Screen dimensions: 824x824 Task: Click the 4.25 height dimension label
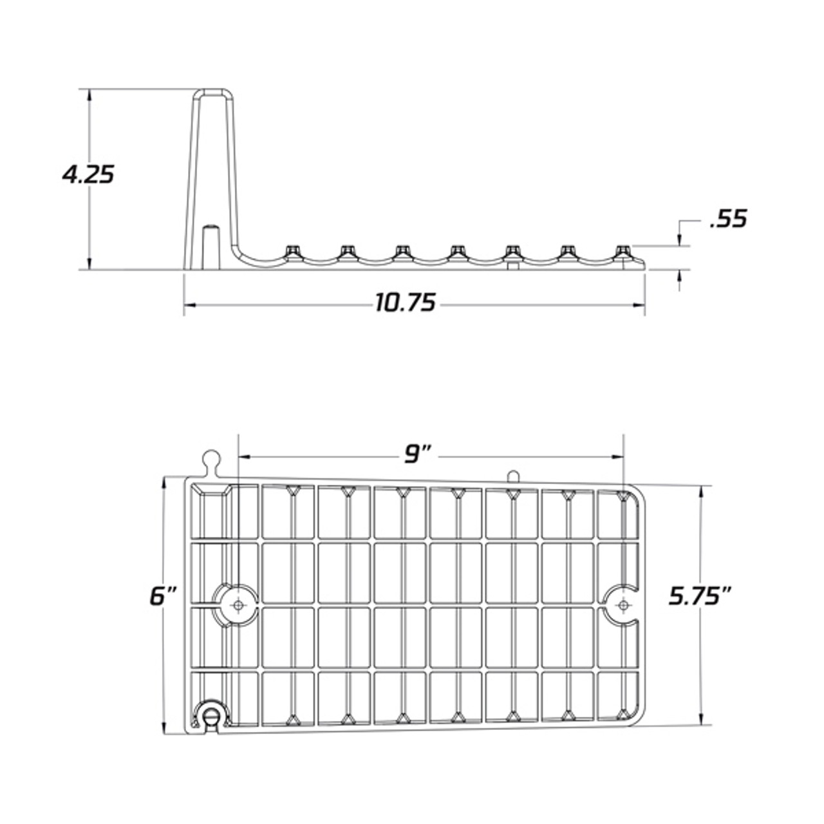pyautogui.click(x=88, y=174)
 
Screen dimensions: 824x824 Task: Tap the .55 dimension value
pyautogui.click(x=728, y=219)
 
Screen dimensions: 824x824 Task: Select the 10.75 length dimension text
pyautogui.click(x=406, y=302)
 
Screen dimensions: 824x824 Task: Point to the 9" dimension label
pyautogui.click(x=418, y=455)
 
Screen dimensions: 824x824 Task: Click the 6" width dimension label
pyautogui.click(x=163, y=596)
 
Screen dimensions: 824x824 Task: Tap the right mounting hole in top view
pyautogui.click(x=623, y=604)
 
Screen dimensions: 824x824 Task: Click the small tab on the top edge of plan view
pyautogui.click(x=512, y=476)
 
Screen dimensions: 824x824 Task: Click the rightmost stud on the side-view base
pyautogui.click(x=622, y=251)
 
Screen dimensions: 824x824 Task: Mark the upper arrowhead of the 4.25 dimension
pyautogui.click(x=89, y=94)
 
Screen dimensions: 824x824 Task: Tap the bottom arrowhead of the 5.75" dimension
pyautogui.click(x=701, y=720)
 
